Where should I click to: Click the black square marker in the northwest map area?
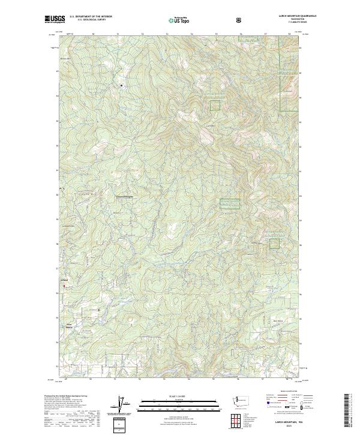[x=122, y=85]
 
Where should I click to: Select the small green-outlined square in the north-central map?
[x=215, y=106]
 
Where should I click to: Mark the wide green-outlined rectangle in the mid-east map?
[x=230, y=204]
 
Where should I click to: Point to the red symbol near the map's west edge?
[x=59, y=292]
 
